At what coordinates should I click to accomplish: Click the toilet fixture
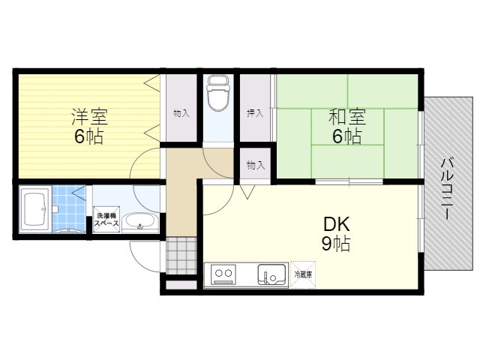coord(218,94)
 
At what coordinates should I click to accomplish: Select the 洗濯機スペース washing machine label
coord(106,220)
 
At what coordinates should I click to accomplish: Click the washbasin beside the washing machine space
coord(140,223)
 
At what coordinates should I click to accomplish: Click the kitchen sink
coord(271,274)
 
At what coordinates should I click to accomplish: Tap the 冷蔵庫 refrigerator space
coord(303,274)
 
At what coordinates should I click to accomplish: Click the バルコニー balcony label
coord(447,188)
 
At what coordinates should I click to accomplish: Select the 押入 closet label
coord(255,113)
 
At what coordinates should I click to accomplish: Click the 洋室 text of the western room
coord(90,117)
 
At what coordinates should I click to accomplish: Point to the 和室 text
coord(347,117)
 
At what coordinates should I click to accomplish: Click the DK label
coord(337,224)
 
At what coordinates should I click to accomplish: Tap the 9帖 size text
coord(336,244)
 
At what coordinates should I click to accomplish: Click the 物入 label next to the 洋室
coord(181,113)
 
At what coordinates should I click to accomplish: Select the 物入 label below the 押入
coord(255,166)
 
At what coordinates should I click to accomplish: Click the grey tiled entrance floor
coord(181,256)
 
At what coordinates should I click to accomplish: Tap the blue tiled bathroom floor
coord(69,208)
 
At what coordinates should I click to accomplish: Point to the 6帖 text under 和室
coord(347,136)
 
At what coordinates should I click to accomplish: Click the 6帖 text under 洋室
coord(89,136)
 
